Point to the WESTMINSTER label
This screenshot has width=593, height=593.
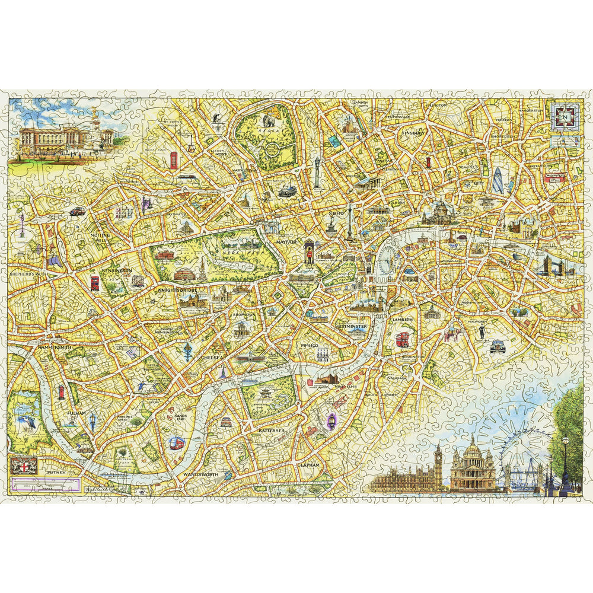tap(350, 327)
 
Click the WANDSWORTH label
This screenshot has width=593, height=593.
tap(200, 475)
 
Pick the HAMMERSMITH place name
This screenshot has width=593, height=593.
tap(54, 347)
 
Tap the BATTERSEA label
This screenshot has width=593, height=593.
tap(272, 428)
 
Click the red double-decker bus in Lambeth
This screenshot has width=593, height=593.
tap(403, 339)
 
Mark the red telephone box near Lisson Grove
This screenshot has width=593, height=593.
tap(173, 160)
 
